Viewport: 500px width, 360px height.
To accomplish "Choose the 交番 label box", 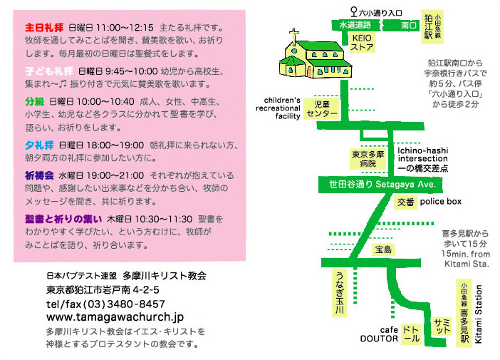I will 405,202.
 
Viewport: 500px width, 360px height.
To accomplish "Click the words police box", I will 440,202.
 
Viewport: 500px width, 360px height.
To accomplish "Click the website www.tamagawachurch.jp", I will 115,316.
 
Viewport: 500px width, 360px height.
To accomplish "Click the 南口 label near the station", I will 409,24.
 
